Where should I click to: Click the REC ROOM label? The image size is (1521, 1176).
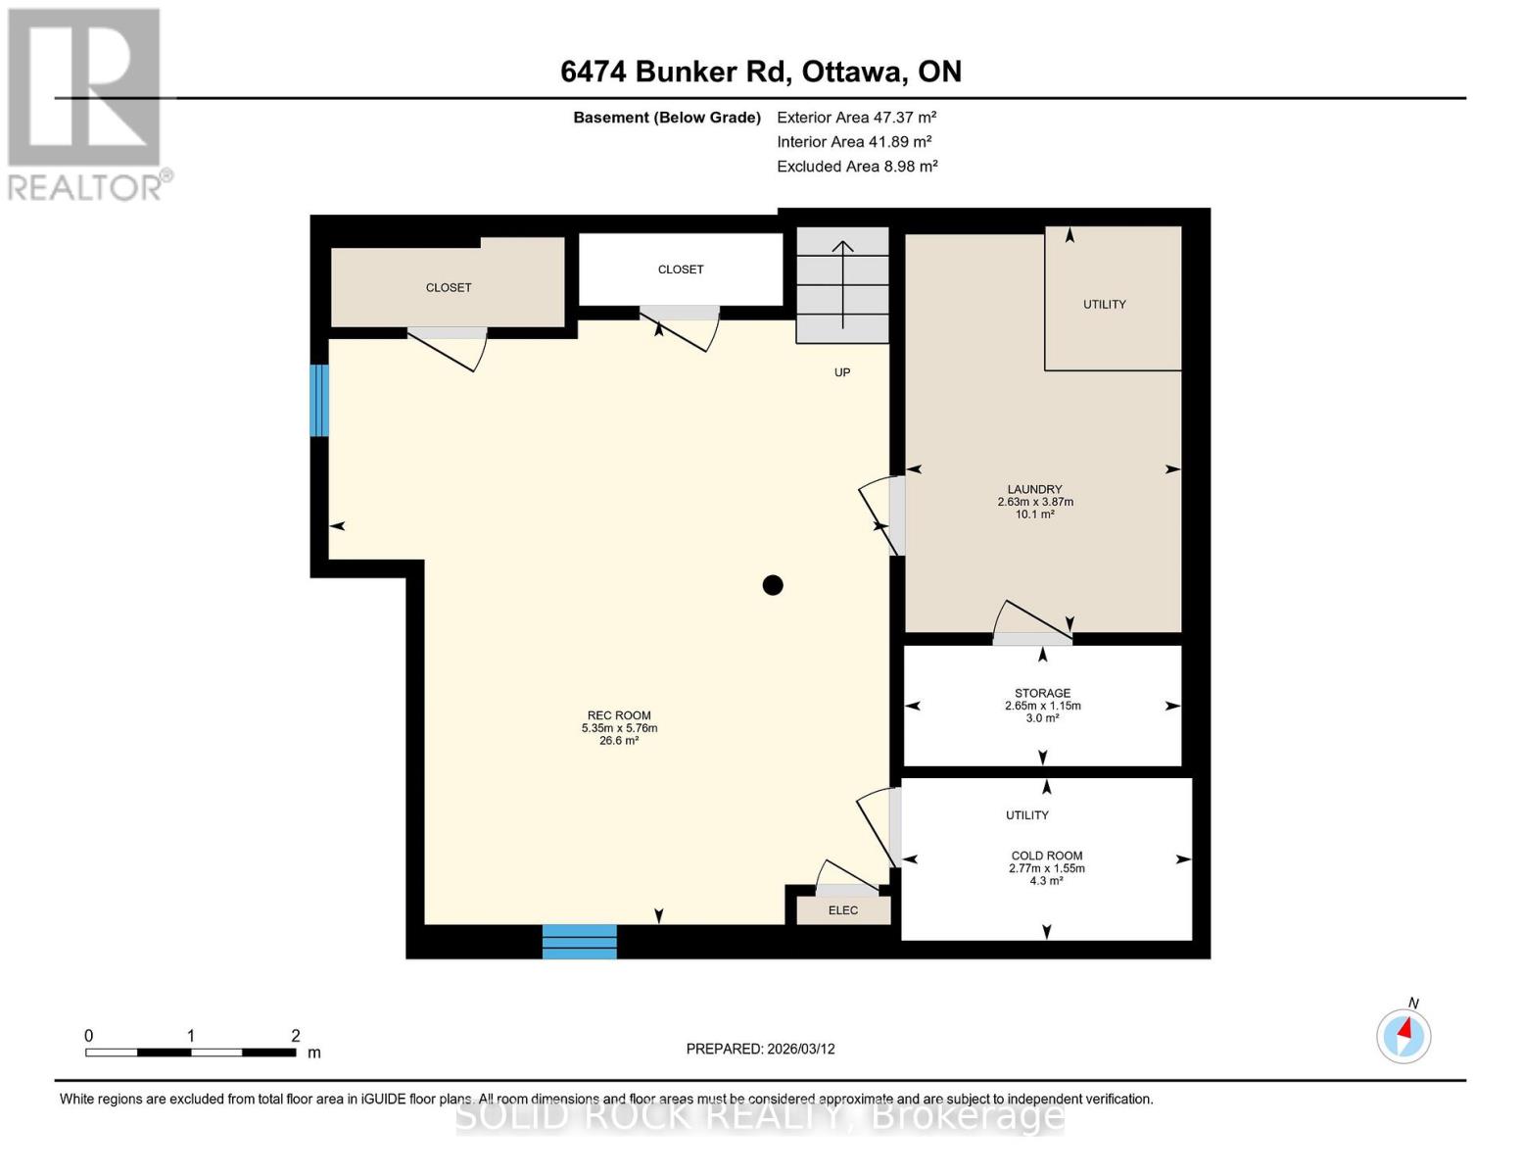click(x=619, y=716)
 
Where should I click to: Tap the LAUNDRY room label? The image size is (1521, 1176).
click(x=1035, y=490)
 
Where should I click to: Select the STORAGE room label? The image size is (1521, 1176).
click(x=1042, y=694)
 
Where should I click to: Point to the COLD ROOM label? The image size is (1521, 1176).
click(x=1047, y=856)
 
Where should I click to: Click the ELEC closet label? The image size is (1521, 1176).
click(x=843, y=910)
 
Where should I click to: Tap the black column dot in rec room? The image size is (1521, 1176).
click(x=773, y=585)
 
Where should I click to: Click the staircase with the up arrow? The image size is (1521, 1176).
click(x=842, y=284)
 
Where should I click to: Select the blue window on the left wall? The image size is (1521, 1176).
click(x=319, y=400)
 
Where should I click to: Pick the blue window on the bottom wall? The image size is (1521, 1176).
click(x=580, y=941)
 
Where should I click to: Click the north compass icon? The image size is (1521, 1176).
click(x=1403, y=1035)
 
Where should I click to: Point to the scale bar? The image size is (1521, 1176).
click(x=191, y=1053)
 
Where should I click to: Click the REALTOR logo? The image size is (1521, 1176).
click(x=86, y=103)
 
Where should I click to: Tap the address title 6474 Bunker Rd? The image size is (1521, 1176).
click(x=760, y=72)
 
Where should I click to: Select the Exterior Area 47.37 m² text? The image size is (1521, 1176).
click(x=856, y=117)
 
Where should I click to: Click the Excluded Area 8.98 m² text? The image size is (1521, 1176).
click(x=857, y=167)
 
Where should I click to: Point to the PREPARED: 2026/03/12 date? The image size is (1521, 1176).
click(x=760, y=1049)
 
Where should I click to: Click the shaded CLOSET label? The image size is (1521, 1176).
click(x=449, y=287)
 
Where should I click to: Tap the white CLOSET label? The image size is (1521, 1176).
click(x=681, y=269)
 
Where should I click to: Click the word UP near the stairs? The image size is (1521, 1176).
click(x=842, y=372)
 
